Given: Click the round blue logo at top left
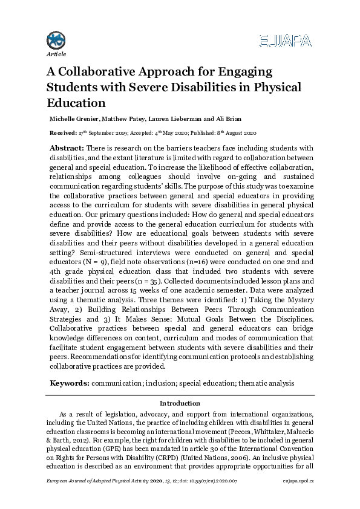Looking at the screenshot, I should pyautogui.click(x=56, y=40).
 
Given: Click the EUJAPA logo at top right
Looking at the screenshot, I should pyautogui.click(x=284, y=41).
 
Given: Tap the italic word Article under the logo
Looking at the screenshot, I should pyautogui.click(x=56, y=54).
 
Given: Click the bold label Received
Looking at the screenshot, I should pyautogui.click(x=62, y=132).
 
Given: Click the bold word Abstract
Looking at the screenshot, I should pyautogui.click(x=67, y=148).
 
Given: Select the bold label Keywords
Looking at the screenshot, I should pyautogui.click(x=70, y=383).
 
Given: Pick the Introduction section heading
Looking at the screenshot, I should pyautogui.click(x=180, y=403).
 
